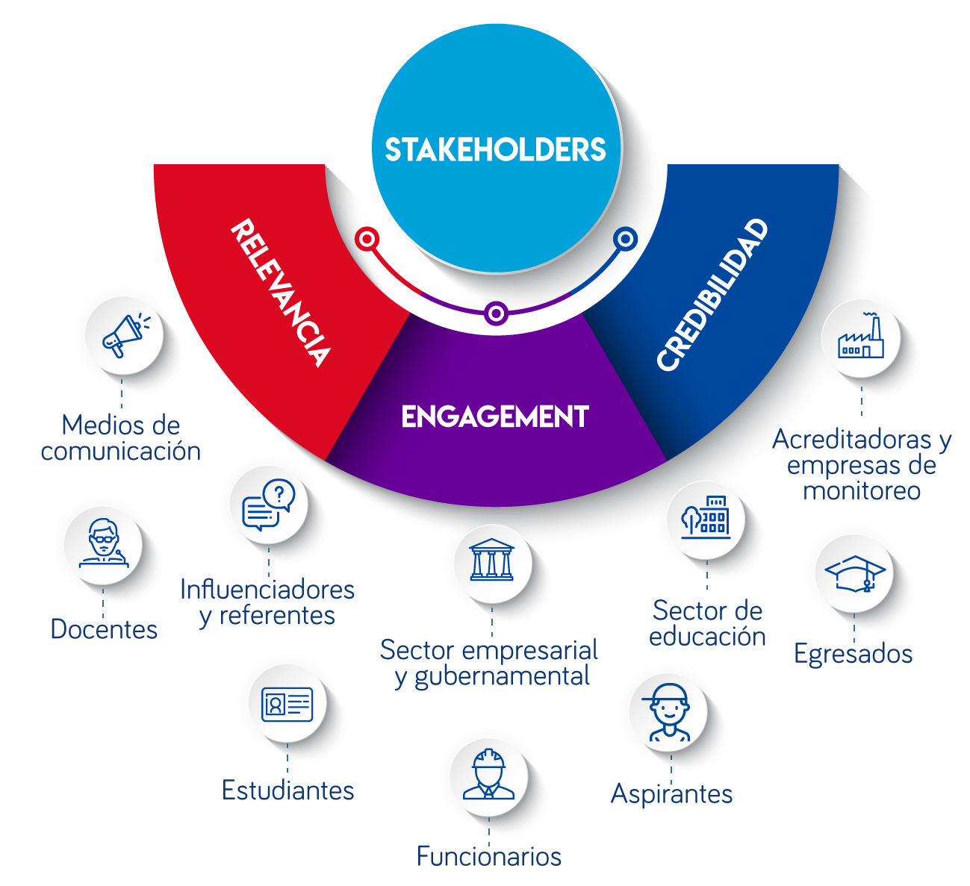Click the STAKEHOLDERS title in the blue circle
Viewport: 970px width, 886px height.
tap(495, 150)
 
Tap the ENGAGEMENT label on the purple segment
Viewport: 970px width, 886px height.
tap(495, 417)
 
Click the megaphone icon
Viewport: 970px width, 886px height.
tap(123, 336)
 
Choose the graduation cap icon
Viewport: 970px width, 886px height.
tap(854, 573)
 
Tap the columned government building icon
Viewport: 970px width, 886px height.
tap(491, 560)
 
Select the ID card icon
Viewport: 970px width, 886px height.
tap(287, 704)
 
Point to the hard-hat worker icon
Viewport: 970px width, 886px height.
tap(489, 774)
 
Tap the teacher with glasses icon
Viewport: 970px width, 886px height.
tap(103, 543)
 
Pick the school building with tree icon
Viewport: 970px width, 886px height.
tap(705, 516)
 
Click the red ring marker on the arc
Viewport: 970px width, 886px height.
tap(367, 239)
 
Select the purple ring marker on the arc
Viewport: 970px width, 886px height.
tap(496, 313)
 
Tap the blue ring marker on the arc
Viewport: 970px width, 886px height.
tap(625, 239)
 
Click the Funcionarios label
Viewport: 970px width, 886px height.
tap(489, 855)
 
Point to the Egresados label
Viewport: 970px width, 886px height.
tap(853, 654)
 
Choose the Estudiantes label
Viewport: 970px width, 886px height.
tap(287, 790)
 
